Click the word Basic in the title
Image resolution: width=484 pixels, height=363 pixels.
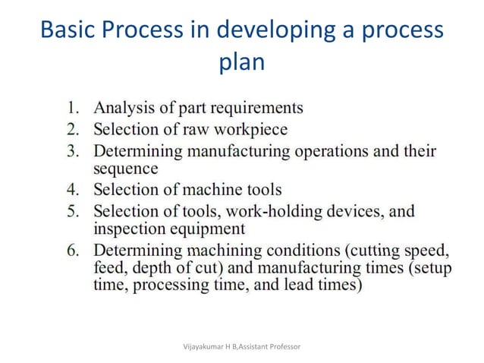pyautogui.click(x=67, y=30)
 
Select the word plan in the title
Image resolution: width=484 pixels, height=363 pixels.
pyautogui.click(x=241, y=62)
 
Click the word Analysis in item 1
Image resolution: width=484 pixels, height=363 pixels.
pyautogui.click(x=122, y=107)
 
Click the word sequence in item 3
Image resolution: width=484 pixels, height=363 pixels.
pyautogui.click(x=125, y=169)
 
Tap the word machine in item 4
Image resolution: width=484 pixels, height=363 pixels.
pyautogui.click(x=206, y=188)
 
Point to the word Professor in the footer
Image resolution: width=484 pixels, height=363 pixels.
pyautogui.click(x=281, y=346)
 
